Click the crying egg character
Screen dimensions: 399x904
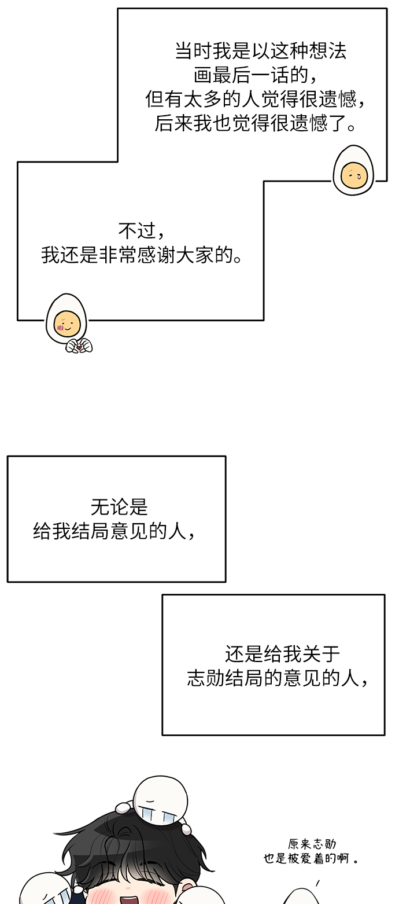pos(353,170)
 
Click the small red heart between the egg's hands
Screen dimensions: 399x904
pos(79,347)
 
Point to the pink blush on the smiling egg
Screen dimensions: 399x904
pos(61,328)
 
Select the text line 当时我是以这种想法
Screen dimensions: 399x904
pos(261,52)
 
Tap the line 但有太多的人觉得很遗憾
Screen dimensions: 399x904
pos(256,100)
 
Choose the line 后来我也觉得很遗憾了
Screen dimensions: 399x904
pos(256,123)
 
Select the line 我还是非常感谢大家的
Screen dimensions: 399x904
pos(142,255)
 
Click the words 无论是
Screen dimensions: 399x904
pos(119,508)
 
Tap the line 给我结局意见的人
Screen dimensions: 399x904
pos(114,531)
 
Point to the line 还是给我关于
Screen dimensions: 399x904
pos(282,654)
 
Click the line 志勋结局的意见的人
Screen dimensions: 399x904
pos(278,678)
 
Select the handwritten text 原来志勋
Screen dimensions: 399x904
pos(312,844)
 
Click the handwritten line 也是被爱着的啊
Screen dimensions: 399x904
pos(311,858)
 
